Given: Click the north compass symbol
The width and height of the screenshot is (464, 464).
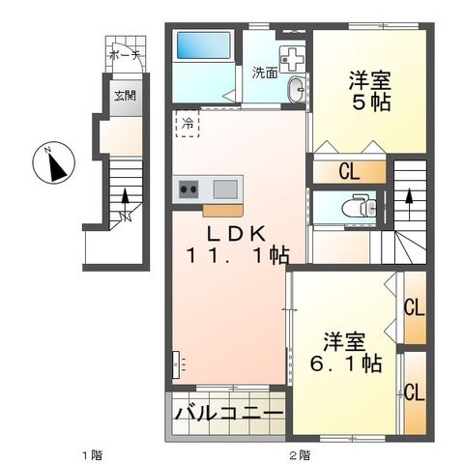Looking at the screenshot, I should pos(54,165).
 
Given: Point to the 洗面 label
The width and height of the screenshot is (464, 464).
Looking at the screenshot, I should pos(265,72).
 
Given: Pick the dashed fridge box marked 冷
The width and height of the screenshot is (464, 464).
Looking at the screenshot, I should pos(188,124).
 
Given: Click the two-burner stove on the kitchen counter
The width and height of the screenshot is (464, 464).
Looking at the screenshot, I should pos(188,188).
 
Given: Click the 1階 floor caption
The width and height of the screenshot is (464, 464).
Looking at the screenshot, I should pos(92,453).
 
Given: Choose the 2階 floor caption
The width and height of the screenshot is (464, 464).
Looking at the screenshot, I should pos(298,453).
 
